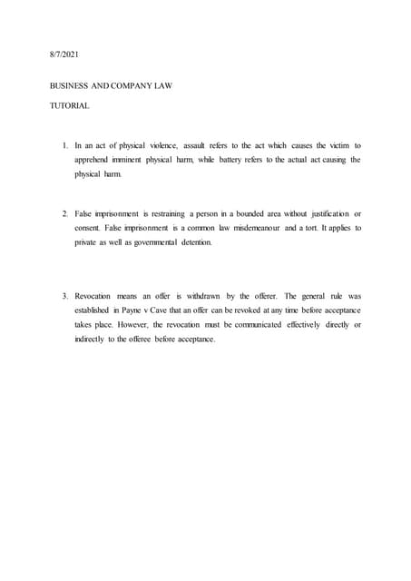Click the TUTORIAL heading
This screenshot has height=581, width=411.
tap(69, 106)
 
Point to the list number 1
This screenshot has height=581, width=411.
tap(64, 145)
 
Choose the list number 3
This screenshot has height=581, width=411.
tap(64, 296)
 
